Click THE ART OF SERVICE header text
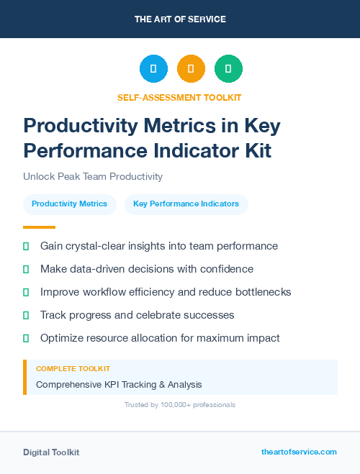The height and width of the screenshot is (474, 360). pyautogui.click(x=180, y=19)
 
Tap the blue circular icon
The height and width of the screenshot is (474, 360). pyautogui.click(x=153, y=69)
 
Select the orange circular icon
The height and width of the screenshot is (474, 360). pyautogui.click(x=191, y=69)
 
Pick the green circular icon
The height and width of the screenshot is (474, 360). pyautogui.click(x=228, y=69)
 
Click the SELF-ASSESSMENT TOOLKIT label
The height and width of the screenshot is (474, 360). pyautogui.click(x=179, y=97)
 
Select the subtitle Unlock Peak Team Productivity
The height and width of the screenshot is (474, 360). pyautogui.click(x=93, y=176)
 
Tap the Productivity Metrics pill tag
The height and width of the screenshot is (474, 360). pyautogui.click(x=69, y=204)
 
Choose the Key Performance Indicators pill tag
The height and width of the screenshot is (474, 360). pyautogui.click(x=186, y=204)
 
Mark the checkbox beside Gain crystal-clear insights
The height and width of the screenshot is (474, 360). pyautogui.click(x=26, y=246)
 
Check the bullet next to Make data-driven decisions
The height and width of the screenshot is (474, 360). pyautogui.click(x=26, y=269)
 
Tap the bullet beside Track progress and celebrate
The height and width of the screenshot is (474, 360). pyautogui.click(x=26, y=315)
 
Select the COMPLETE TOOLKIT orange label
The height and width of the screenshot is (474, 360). pyautogui.click(x=73, y=368)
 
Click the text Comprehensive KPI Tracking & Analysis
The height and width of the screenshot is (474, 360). pyautogui.click(x=119, y=385)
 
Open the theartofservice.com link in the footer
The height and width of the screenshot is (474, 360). pyautogui.click(x=299, y=452)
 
